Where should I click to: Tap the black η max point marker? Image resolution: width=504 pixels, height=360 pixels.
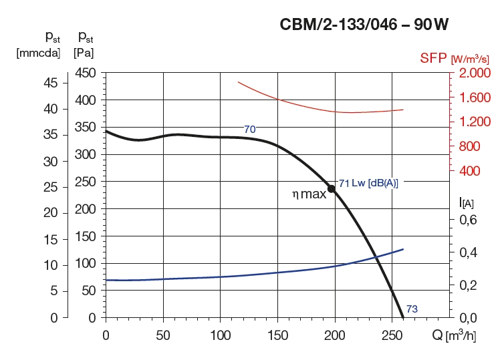pyautogui.click(x=331, y=189)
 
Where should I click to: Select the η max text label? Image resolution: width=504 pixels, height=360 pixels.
pyautogui.click(x=309, y=194)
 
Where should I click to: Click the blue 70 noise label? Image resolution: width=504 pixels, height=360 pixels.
pyautogui.click(x=249, y=129)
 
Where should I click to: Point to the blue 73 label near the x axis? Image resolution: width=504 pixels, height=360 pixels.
pyautogui.click(x=412, y=308)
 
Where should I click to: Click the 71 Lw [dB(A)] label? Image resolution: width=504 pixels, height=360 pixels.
pyautogui.click(x=368, y=183)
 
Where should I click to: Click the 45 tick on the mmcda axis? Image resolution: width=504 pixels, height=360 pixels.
pyautogui.click(x=50, y=82)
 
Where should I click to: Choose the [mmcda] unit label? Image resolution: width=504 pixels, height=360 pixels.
pyautogui.click(x=38, y=52)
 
